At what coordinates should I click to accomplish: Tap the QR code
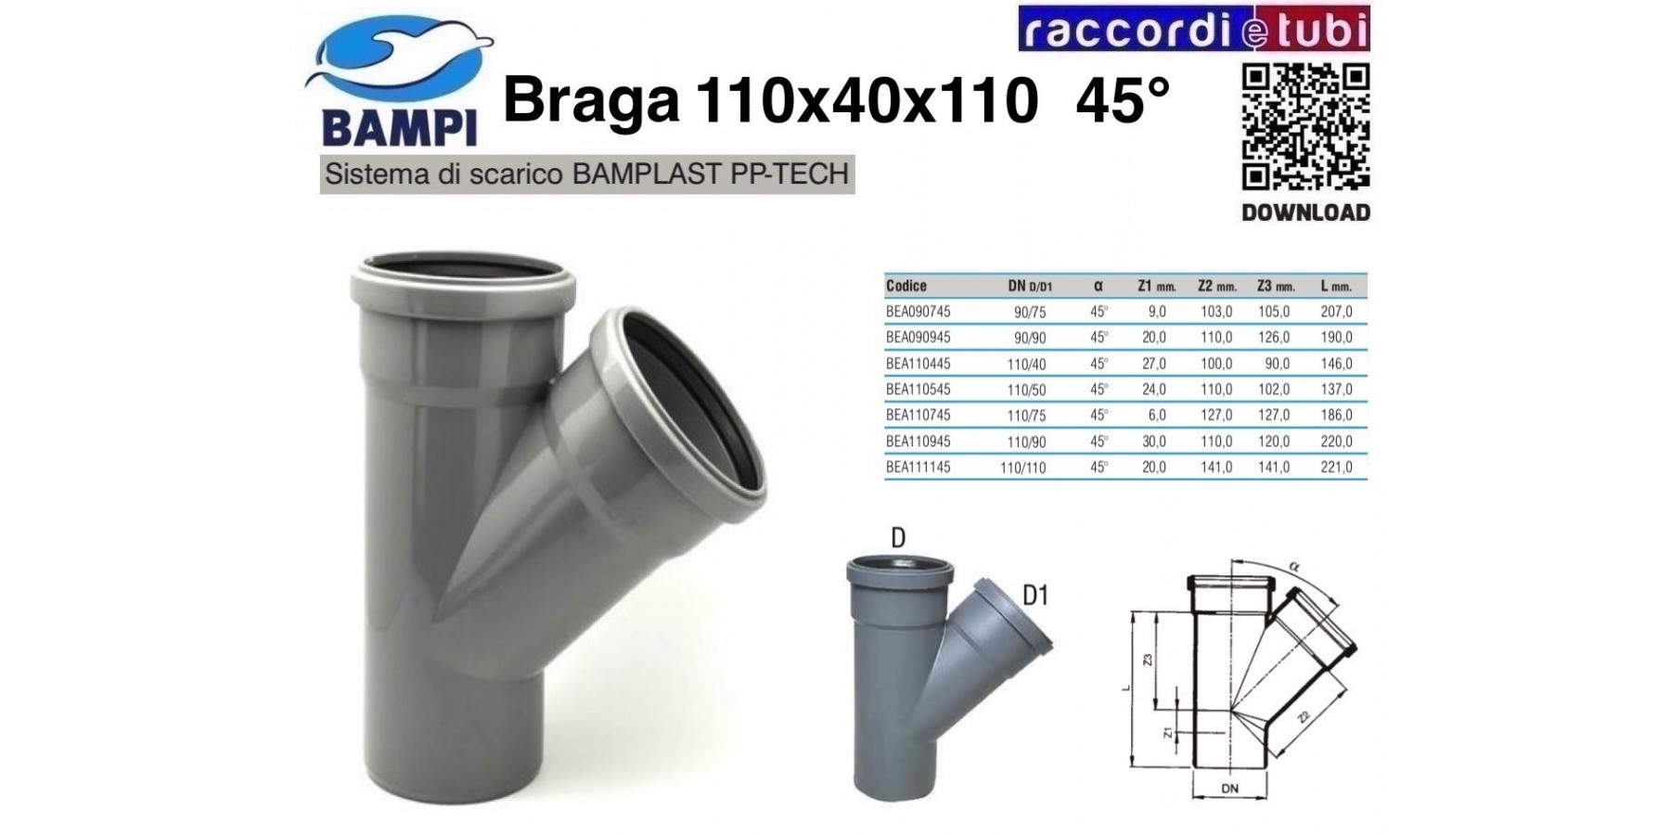[x=1305, y=127]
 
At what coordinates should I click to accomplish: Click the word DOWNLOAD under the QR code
[x=1305, y=212]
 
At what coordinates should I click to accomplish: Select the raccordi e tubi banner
[x=1194, y=29]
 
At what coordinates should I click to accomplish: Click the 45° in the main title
[x=1123, y=102]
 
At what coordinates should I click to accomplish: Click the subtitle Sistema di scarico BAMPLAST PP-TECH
[x=587, y=174]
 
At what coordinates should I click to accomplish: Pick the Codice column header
[x=906, y=286]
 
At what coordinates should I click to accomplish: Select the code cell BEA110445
[x=918, y=364]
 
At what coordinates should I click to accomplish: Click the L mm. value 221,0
[x=1336, y=468]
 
